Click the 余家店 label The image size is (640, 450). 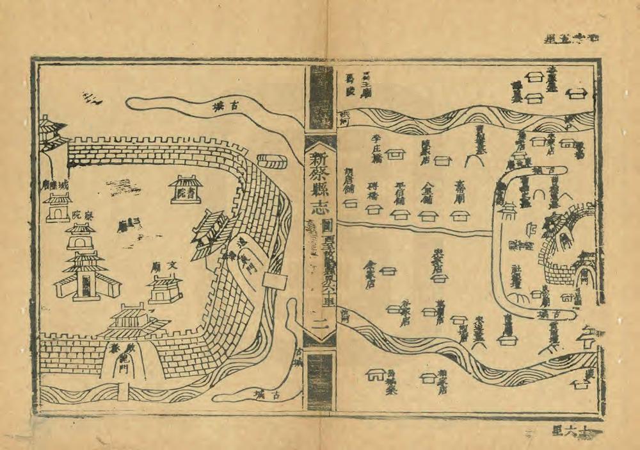click(x=370, y=272)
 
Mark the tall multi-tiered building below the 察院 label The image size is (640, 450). click(x=84, y=276)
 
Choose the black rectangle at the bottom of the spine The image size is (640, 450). click(x=320, y=382)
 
